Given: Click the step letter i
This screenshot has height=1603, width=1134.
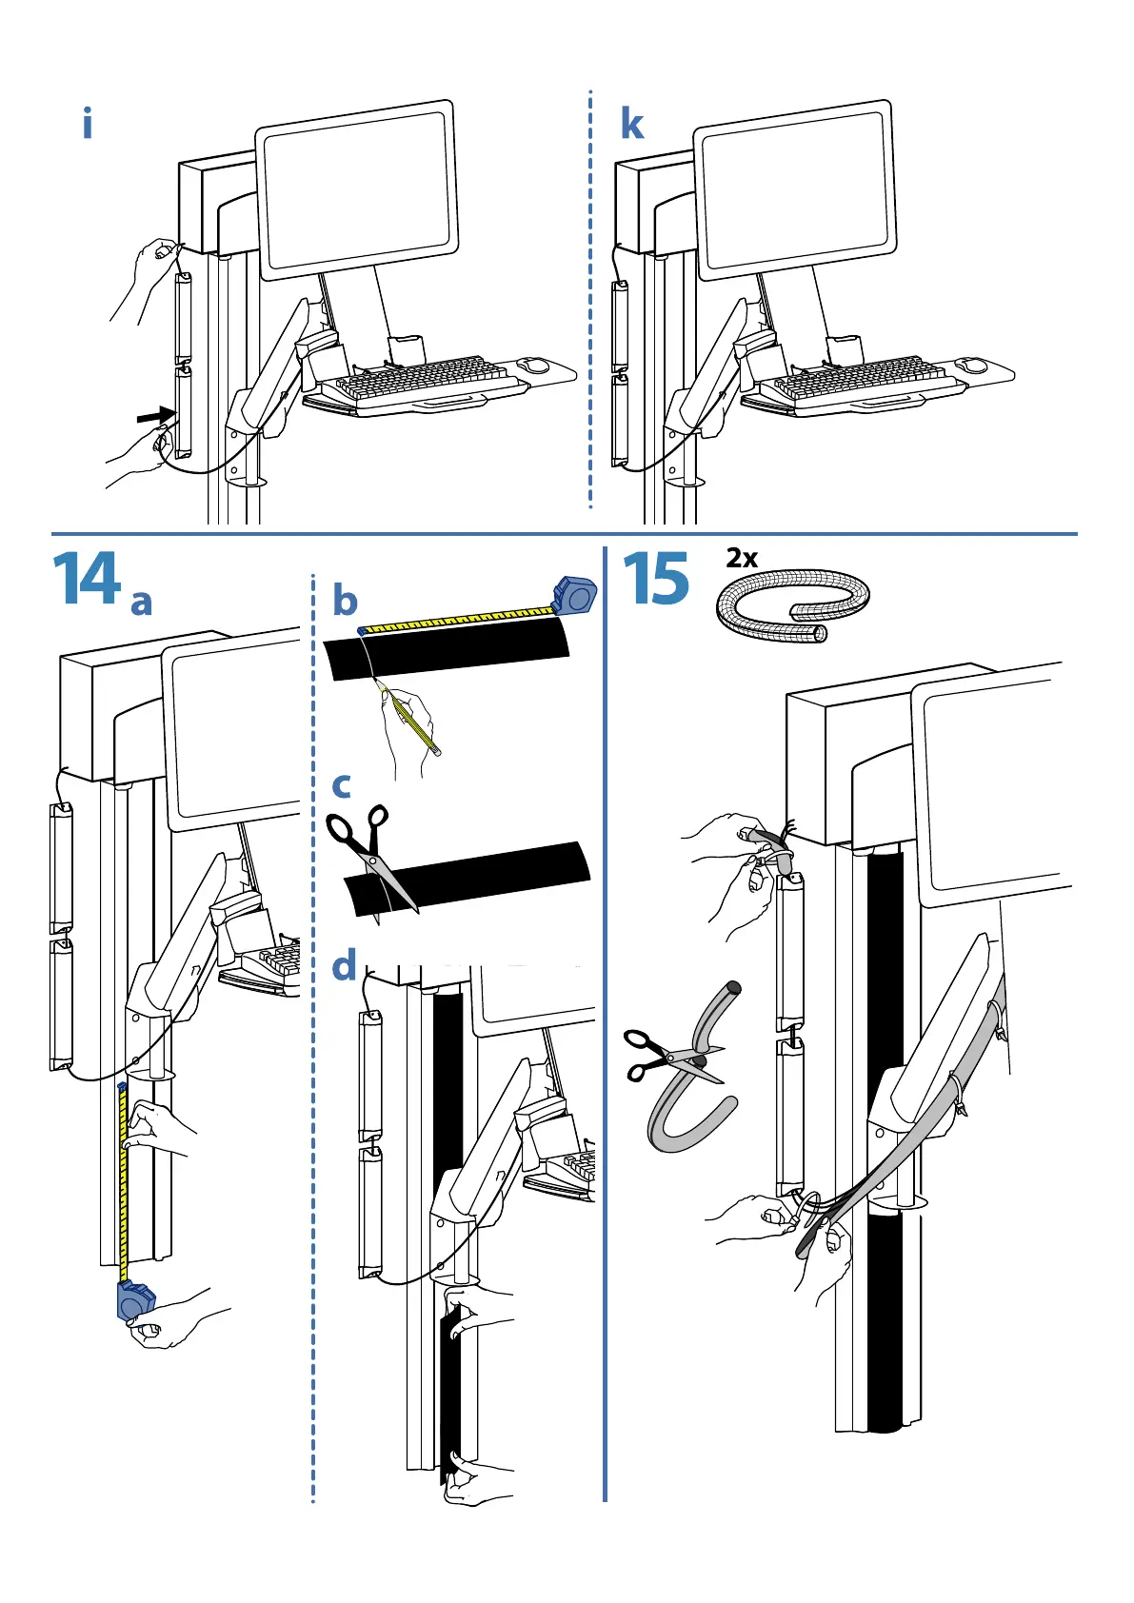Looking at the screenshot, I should tap(88, 125).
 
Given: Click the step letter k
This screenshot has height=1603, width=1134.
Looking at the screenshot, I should tap(631, 125).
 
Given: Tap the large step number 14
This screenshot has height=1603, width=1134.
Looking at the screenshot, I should tap(87, 580).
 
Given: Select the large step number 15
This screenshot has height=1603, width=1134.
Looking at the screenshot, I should tap(656, 580).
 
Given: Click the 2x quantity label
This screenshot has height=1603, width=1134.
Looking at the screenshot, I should tap(742, 559).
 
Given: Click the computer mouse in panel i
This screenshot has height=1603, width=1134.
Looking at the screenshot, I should tap(536, 365).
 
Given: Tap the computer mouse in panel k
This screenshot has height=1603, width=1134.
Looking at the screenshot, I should tap(973, 365).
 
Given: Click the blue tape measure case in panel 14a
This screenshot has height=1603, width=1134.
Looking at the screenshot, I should tap(135, 1300).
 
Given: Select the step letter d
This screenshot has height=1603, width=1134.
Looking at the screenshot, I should tap(344, 966).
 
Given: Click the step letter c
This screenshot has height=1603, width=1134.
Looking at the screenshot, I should tap(342, 785).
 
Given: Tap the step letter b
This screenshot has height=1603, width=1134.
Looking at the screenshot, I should tap(345, 601).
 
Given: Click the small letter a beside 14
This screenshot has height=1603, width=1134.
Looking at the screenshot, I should tap(141, 603).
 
